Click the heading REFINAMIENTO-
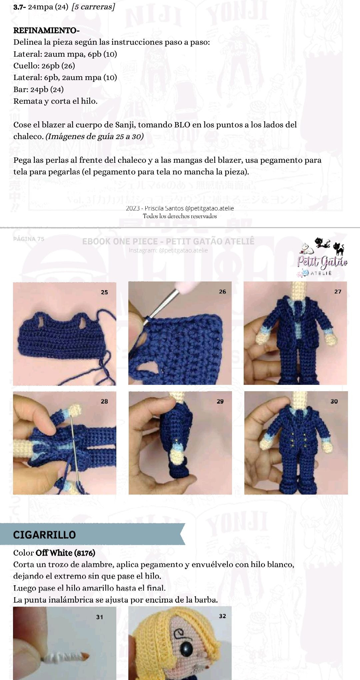46,31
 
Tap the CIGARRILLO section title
44,535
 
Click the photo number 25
104,292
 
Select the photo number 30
334,401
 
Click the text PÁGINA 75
29,239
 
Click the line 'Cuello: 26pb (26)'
44,66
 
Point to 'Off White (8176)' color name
65,553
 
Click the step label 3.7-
20,7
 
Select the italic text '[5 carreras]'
93,7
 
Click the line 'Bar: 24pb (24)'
38,89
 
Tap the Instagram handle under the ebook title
168,250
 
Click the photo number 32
222,616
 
